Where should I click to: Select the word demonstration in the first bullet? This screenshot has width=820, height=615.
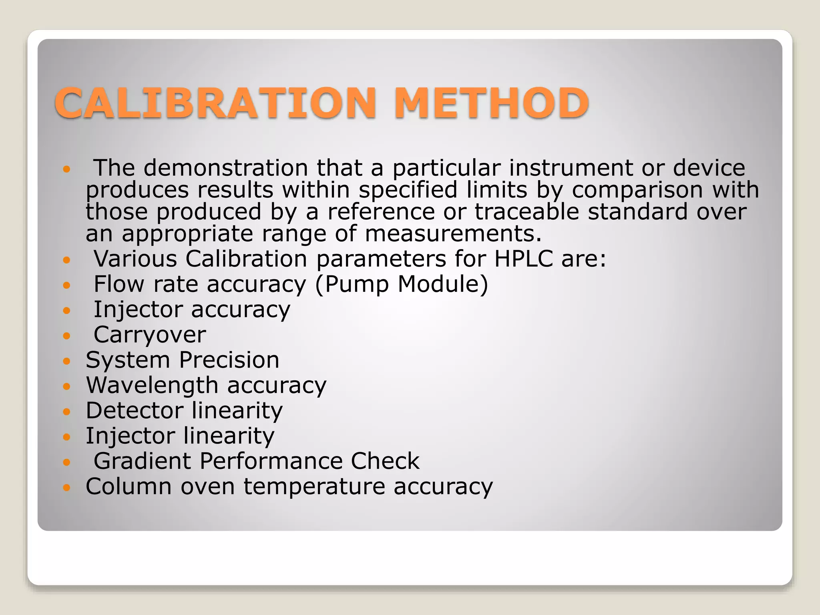tap(226, 168)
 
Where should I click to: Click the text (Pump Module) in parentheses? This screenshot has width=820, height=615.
tap(402, 284)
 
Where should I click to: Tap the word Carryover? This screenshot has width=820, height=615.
tap(150, 335)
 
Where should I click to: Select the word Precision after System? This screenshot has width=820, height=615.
tap(229, 360)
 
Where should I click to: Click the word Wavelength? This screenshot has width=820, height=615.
tap(152, 385)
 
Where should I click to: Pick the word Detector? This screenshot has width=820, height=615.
tap(135, 410)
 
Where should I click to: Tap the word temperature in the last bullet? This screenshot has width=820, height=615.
tap(314, 486)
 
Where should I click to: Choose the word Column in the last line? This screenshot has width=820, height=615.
tap(129, 486)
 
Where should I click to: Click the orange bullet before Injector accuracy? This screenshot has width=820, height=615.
tap(67, 310)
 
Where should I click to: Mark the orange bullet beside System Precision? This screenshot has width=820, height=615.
tap(67, 361)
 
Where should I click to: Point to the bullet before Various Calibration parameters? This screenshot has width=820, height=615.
tap(67, 260)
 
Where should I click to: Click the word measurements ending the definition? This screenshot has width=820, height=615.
tap(453, 234)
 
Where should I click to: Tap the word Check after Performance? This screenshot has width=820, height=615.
tap(385, 461)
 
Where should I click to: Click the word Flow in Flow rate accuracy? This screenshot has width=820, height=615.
tap(119, 284)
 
